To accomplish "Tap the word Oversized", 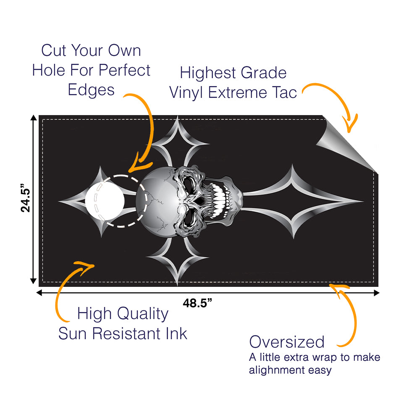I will coord(287,342).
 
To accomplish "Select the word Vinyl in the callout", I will coord(187,92).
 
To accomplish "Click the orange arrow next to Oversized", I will coord(349,315).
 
